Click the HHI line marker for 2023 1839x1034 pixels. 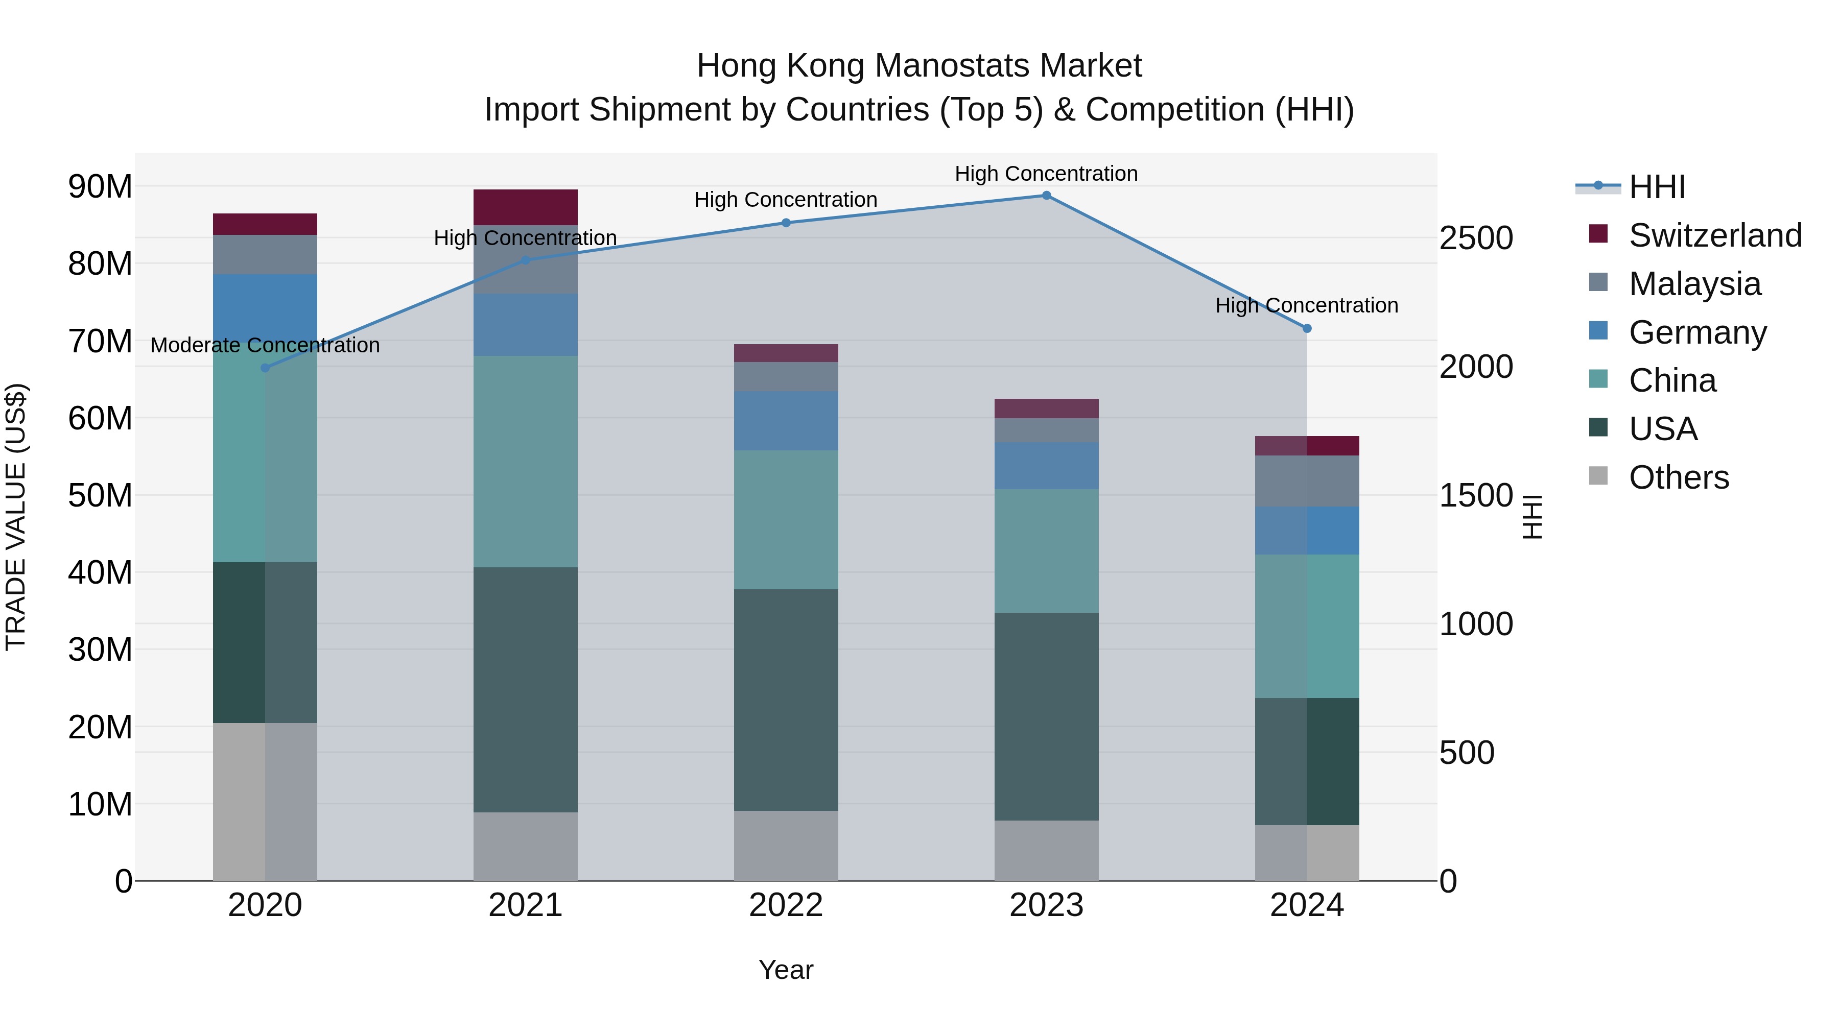tap(1046, 196)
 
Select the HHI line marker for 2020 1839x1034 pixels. tap(265, 368)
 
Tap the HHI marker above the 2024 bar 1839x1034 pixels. tap(1306, 329)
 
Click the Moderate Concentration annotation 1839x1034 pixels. tap(265, 345)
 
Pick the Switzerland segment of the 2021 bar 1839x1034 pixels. tap(526, 207)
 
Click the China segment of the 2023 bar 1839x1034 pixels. tap(1046, 551)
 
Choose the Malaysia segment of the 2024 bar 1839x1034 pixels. tap(1306, 481)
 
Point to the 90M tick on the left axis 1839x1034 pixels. tap(100, 187)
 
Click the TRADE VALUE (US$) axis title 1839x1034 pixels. tap(16, 517)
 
